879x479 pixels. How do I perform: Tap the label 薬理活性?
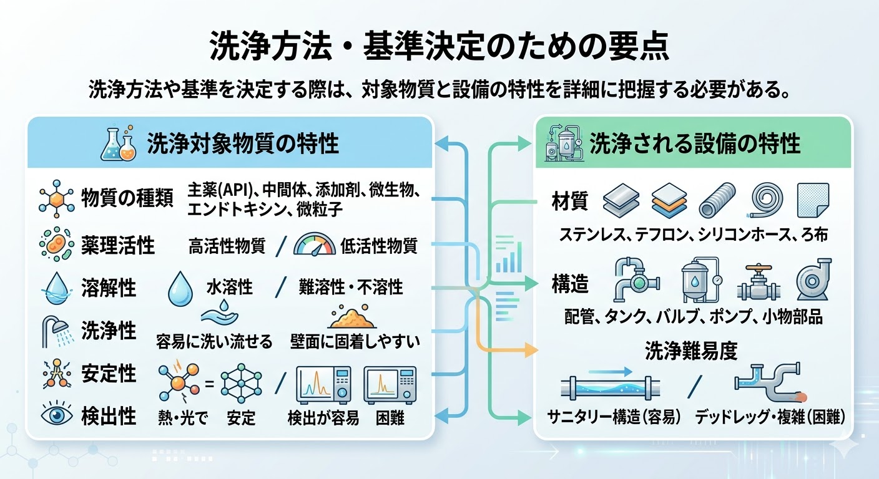(x=118, y=246)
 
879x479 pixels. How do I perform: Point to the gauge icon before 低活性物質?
(x=314, y=245)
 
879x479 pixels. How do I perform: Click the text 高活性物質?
(x=227, y=246)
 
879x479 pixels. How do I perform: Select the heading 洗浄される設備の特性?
(x=695, y=144)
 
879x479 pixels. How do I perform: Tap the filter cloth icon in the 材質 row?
(x=813, y=199)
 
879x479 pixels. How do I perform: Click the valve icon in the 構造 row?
(x=757, y=283)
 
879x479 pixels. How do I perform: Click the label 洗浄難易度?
(x=691, y=351)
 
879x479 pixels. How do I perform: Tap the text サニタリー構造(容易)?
(x=614, y=416)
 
